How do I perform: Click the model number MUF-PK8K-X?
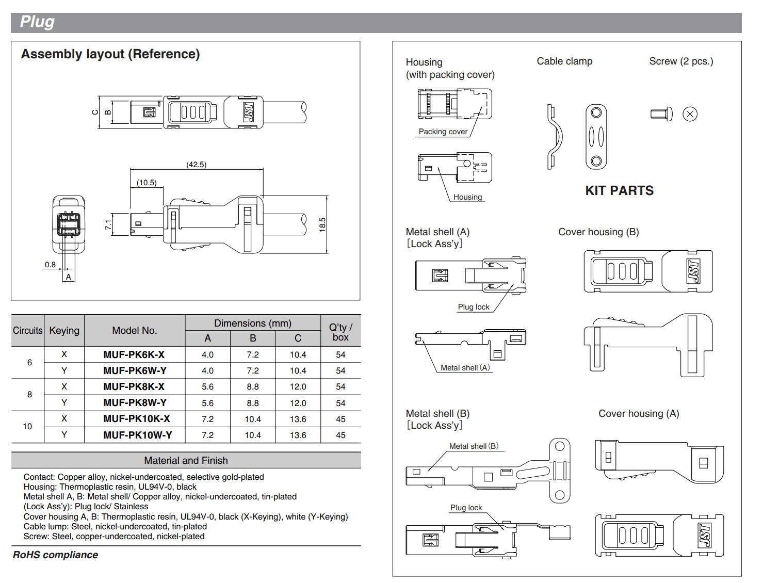[x=134, y=386]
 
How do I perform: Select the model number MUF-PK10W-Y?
[x=138, y=435]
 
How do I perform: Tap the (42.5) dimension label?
[x=196, y=165]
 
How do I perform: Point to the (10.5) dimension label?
[x=147, y=183]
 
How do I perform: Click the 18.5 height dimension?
[x=322, y=224]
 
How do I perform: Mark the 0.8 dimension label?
[x=50, y=265]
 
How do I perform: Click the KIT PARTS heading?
[x=619, y=191]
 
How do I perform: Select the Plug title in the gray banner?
[x=37, y=22]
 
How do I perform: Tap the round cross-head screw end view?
[x=690, y=114]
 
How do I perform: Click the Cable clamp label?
[x=564, y=61]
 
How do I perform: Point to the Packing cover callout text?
[x=443, y=132]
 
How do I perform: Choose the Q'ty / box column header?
[x=340, y=332]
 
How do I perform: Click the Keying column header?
[x=64, y=330]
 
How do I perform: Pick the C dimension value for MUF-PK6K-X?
[x=298, y=355]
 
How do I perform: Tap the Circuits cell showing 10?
[x=27, y=427]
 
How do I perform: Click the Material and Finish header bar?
[x=186, y=460]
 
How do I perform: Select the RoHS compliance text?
[x=55, y=555]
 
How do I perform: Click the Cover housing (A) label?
[x=639, y=414]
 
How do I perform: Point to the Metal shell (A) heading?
[x=437, y=232]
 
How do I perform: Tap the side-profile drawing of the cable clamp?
[x=554, y=137]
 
